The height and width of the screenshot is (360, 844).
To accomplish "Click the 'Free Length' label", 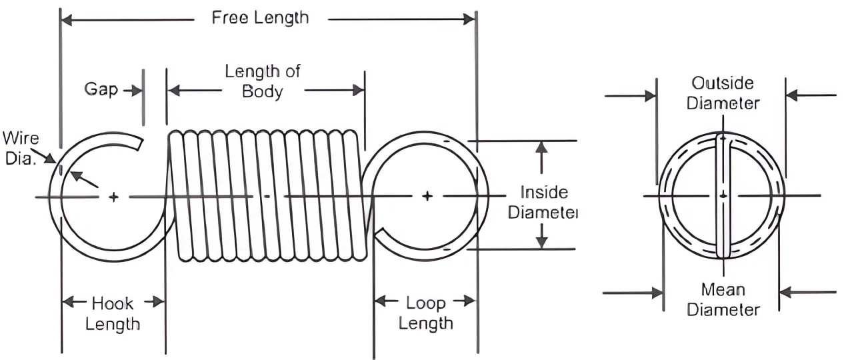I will (x=260, y=18).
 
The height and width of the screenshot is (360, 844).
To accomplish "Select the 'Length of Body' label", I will (x=262, y=81).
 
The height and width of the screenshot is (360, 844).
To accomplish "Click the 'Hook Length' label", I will (x=113, y=313).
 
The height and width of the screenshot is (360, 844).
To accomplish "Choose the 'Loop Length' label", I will (x=426, y=313).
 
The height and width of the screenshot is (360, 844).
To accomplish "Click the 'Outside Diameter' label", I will (x=723, y=93).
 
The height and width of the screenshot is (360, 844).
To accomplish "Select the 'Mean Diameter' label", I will (x=723, y=300).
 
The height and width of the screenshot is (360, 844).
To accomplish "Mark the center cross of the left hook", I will (x=114, y=197).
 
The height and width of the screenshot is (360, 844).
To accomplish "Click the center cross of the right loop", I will (x=427, y=196).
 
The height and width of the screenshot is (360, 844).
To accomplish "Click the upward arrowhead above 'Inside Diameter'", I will (x=542, y=146).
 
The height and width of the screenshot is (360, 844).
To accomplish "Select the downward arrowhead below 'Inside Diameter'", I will (x=542, y=243).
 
